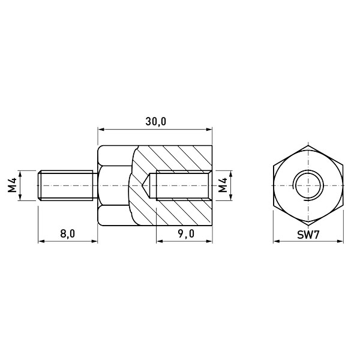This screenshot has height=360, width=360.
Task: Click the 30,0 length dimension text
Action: pos(155,121)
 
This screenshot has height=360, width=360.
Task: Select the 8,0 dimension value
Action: pos(67,234)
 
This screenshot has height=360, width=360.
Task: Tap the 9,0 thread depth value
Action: pos(186,234)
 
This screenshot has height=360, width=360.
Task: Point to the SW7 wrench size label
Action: pos(308,235)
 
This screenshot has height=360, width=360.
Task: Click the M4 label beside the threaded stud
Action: pos(12,185)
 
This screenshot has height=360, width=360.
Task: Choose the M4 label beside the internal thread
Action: pos(223,185)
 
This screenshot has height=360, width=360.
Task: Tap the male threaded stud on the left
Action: pos(67,185)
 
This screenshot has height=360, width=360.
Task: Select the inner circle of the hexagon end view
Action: pos(310,172)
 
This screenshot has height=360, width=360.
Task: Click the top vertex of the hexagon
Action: pos(308,145)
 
